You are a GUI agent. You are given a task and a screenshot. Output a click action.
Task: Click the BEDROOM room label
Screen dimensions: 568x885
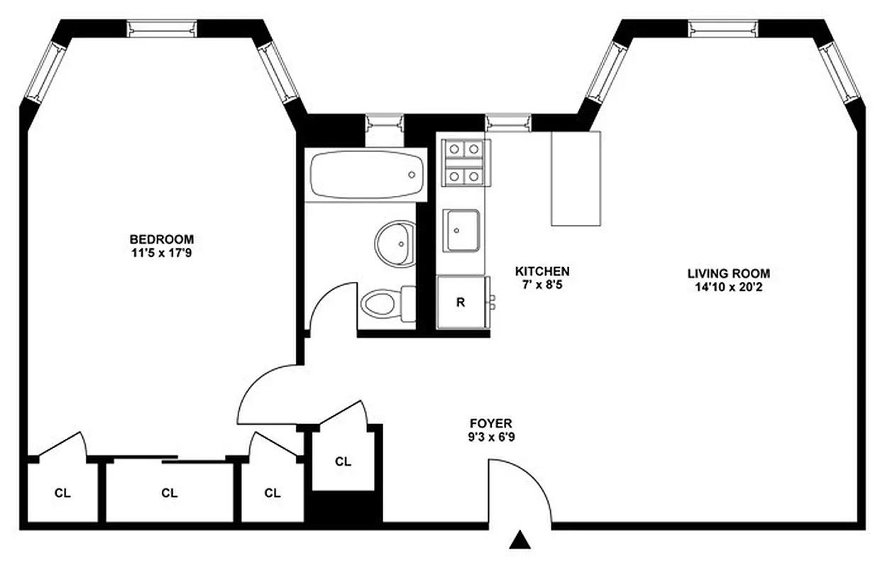point(161,239)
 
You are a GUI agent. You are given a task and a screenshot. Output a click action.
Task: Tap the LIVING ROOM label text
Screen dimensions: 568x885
point(728,273)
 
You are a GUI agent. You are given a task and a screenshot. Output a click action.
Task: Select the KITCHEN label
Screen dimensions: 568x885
point(542,271)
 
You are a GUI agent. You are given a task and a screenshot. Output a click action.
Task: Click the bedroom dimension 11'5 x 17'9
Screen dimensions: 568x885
point(161,252)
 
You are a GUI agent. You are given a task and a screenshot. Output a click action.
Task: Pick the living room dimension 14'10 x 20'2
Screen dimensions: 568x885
point(728,287)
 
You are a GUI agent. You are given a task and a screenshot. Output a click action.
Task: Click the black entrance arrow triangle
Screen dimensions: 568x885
point(520,541)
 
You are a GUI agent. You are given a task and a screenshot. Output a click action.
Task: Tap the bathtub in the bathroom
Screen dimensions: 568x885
point(367,175)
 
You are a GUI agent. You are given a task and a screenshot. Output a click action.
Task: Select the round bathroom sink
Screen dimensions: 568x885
point(395,242)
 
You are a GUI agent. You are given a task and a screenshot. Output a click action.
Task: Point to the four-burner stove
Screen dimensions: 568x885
point(463,163)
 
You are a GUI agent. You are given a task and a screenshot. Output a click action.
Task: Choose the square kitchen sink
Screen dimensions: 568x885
point(463,230)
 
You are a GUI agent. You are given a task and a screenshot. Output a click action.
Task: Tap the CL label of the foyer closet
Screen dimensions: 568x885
point(343,461)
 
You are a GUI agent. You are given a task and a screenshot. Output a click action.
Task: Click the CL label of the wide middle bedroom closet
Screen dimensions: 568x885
point(169,493)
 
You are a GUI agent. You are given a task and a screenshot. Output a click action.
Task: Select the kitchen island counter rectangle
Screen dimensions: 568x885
point(576,178)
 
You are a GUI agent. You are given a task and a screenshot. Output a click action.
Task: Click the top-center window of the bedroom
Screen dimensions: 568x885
point(161,28)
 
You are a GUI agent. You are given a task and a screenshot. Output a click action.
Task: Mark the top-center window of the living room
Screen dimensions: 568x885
point(722,28)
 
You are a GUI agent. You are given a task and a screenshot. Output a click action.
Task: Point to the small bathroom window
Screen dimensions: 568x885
point(384,122)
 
